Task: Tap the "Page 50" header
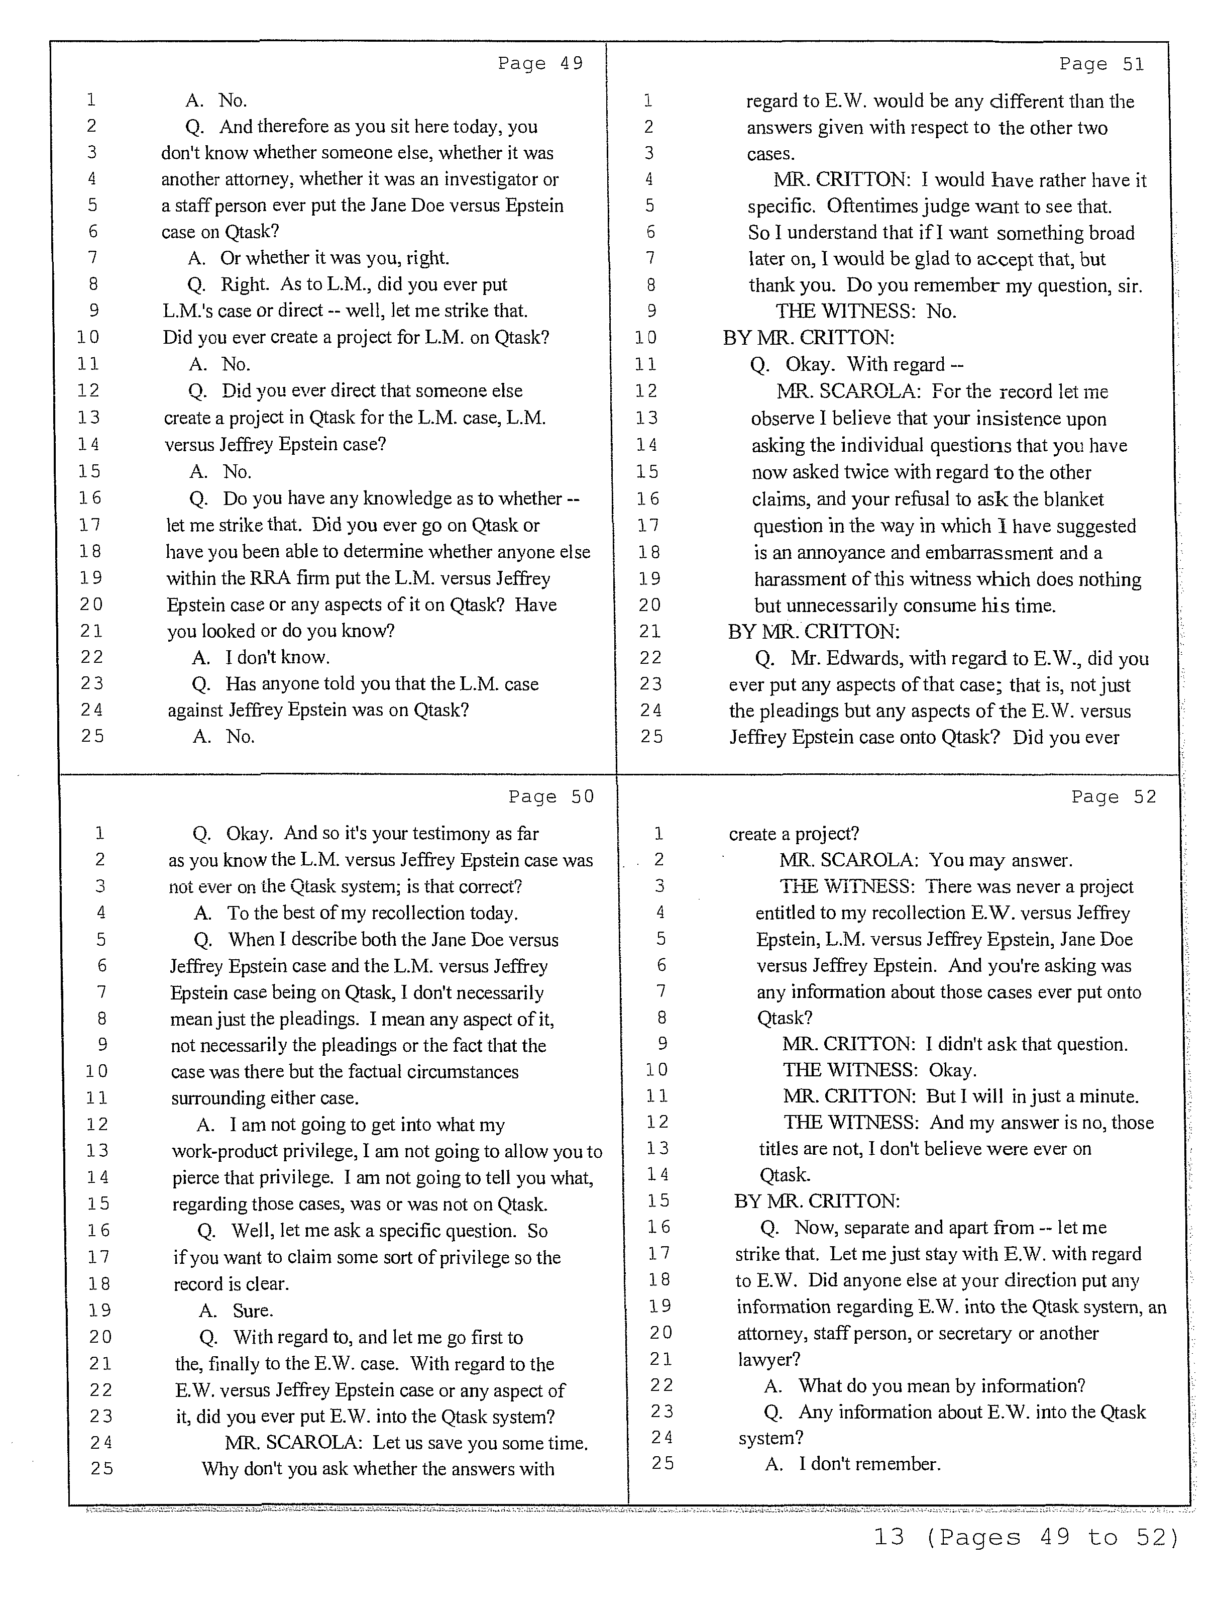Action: [551, 797]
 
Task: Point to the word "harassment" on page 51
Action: [802, 579]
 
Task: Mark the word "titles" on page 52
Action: [780, 1149]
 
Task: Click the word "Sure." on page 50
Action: [252, 1310]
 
